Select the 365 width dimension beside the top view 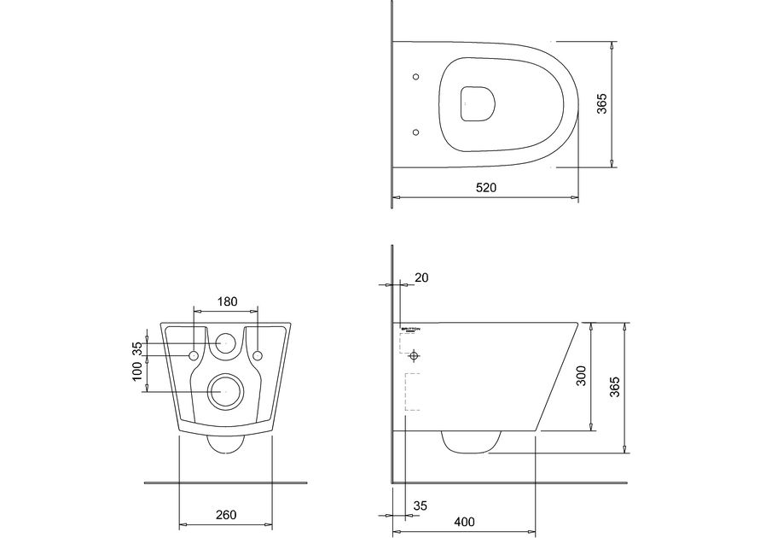[x=601, y=103]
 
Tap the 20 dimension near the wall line [x=421, y=278]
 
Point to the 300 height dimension [x=581, y=376]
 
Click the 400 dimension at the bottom [x=465, y=521]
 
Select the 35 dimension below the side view [x=420, y=506]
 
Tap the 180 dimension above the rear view [x=227, y=301]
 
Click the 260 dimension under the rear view [x=225, y=514]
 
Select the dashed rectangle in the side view [x=412, y=393]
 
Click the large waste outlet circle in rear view [x=226, y=391]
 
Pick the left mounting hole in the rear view [x=194, y=354]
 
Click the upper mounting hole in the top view [x=415, y=77]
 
